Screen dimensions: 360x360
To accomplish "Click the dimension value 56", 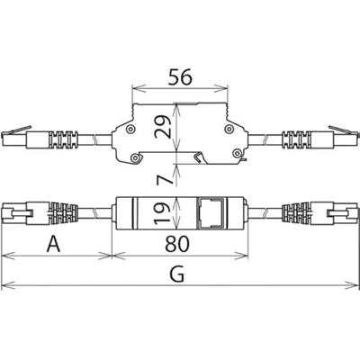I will (178, 77).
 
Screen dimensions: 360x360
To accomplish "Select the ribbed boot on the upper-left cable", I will (61, 139).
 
